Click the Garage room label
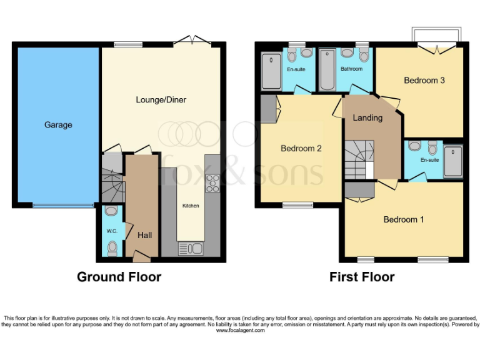point(58,125)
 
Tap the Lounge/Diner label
point(161,100)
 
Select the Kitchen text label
point(191,206)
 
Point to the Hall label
point(144,235)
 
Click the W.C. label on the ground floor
point(112,231)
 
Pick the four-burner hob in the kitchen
point(212,182)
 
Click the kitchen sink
point(191,249)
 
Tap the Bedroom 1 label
point(403,219)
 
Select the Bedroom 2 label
point(301,148)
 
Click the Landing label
point(367,117)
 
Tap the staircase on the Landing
point(359,159)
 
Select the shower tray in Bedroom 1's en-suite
point(452,161)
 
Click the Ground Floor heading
point(119,277)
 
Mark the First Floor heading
point(362,277)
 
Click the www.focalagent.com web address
point(240,330)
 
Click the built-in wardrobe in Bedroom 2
point(269,109)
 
